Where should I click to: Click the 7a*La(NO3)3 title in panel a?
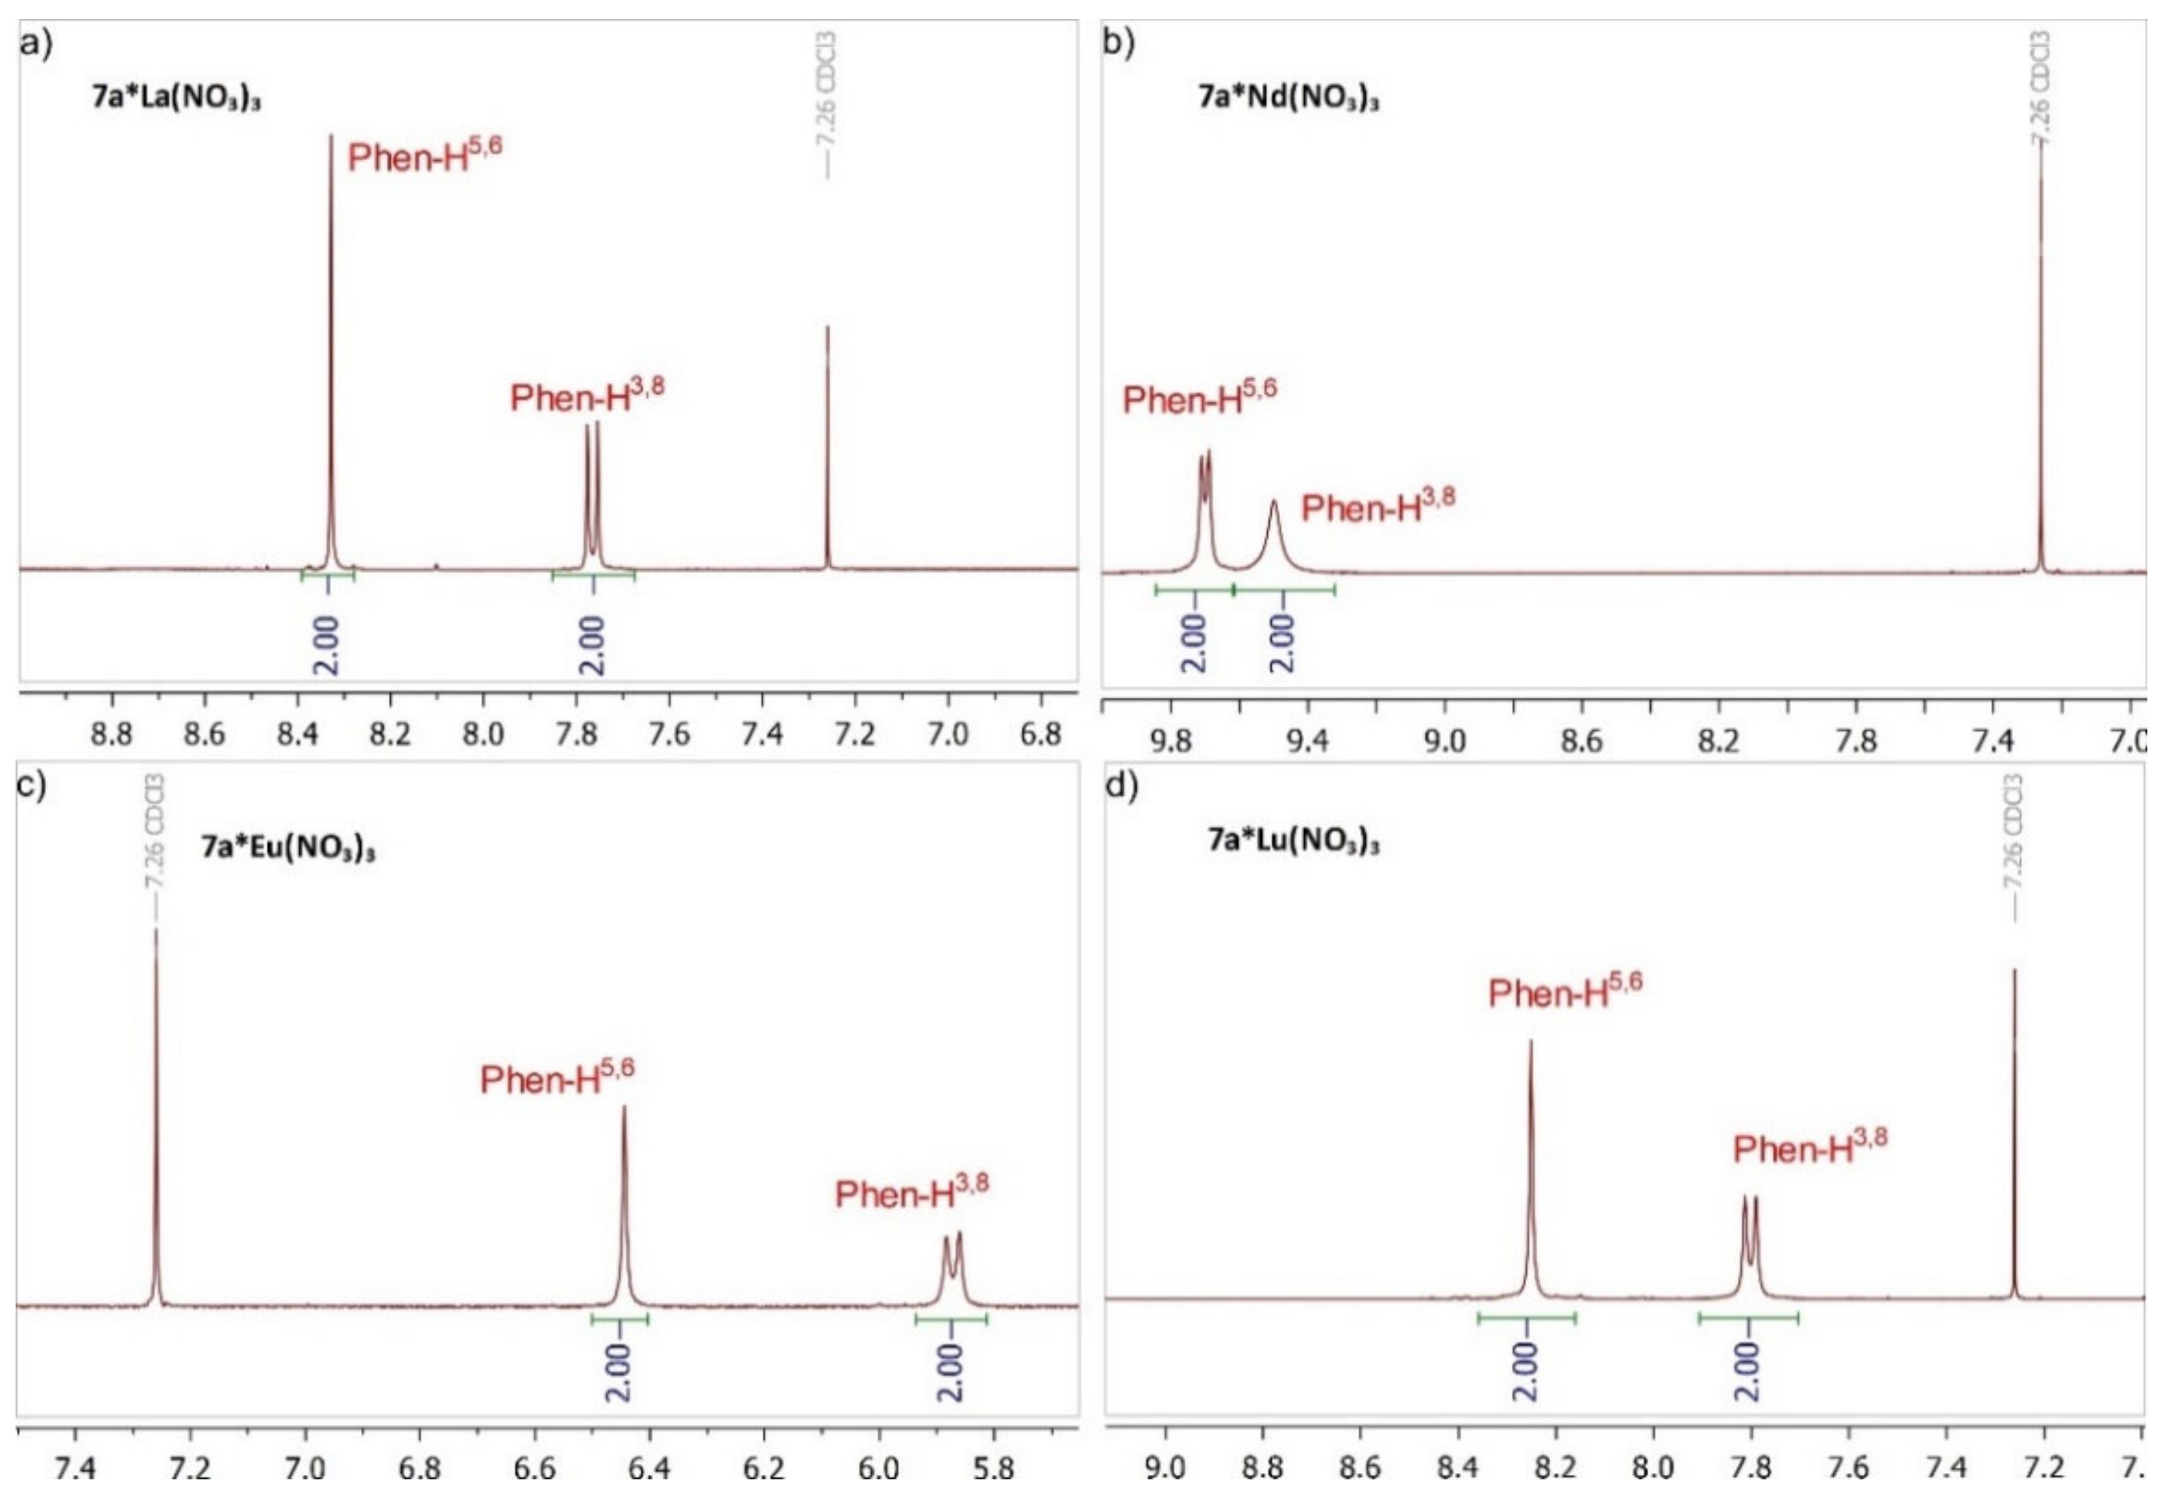pyautogui.click(x=176, y=98)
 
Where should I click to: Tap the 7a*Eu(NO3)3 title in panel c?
pyautogui.click(x=287, y=848)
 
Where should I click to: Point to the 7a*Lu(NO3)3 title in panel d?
pyautogui.click(x=1293, y=841)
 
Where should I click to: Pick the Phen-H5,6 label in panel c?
pyautogui.click(x=557, y=1076)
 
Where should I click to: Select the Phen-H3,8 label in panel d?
pyautogui.click(x=1810, y=1147)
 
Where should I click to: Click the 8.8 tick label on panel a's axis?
pyautogui.click(x=111, y=735)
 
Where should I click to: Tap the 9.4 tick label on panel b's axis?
pyautogui.click(x=1307, y=741)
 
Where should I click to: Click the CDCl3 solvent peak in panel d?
pyautogui.click(x=2014, y=1131)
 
